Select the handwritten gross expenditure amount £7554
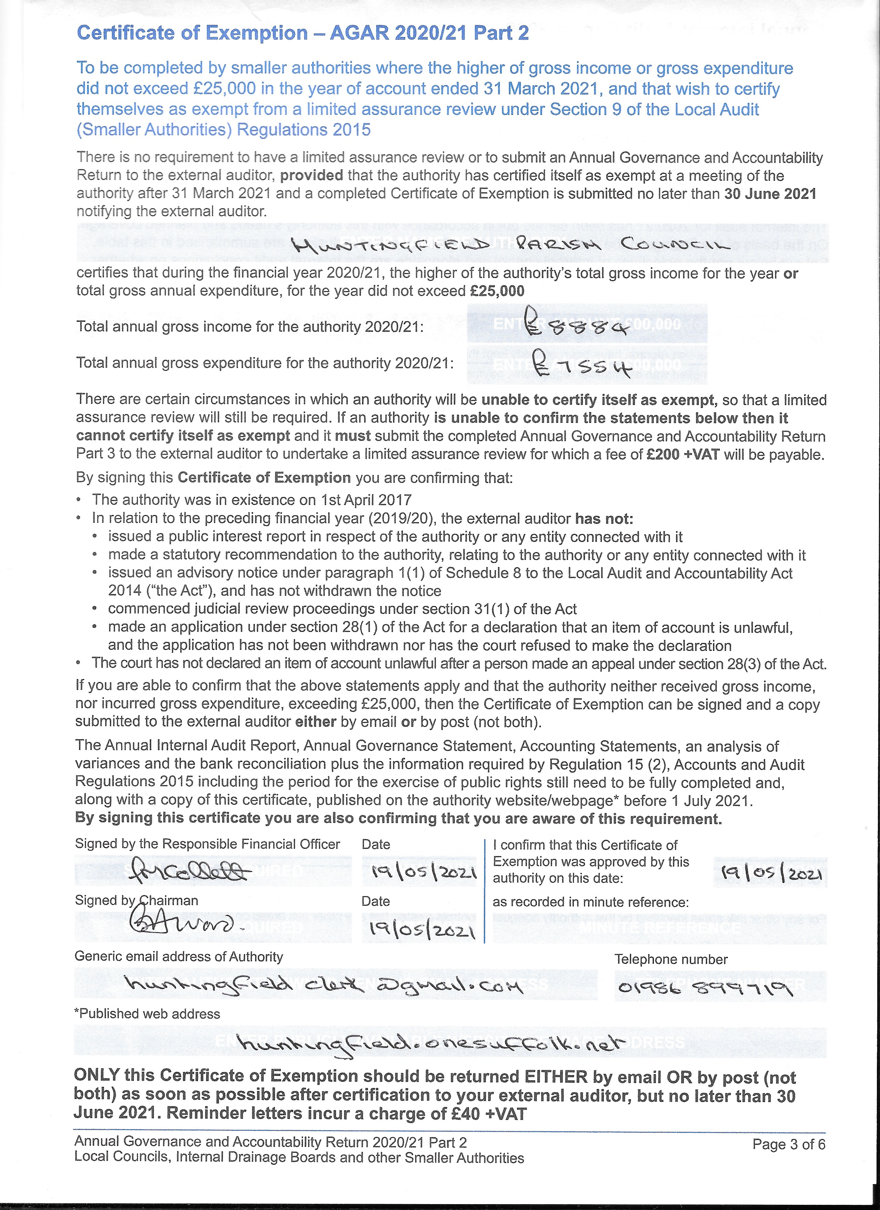(584, 367)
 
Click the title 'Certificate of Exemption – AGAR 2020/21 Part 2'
(303, 33)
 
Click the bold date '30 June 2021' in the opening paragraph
(770, 194)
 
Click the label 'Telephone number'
(671, 959)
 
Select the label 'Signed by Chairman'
(137, 900)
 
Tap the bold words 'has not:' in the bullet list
(604, 518)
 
